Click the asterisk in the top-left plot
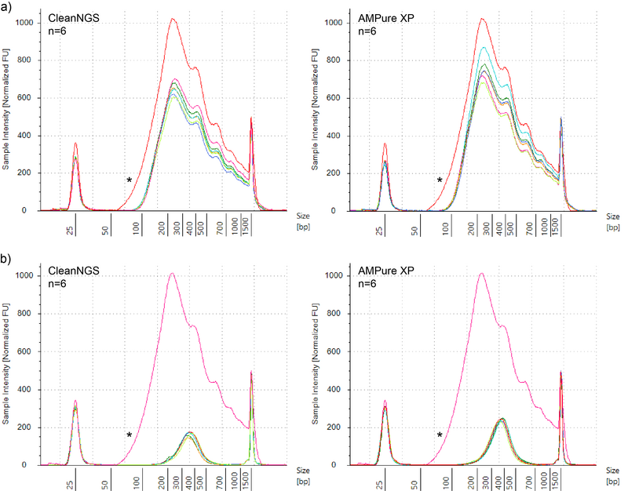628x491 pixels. (129, 180)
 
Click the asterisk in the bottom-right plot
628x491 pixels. (440, 435)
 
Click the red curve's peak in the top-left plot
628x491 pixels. (172, 19)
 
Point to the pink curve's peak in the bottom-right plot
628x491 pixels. (481, 274)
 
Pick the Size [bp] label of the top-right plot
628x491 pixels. (613, 220)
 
